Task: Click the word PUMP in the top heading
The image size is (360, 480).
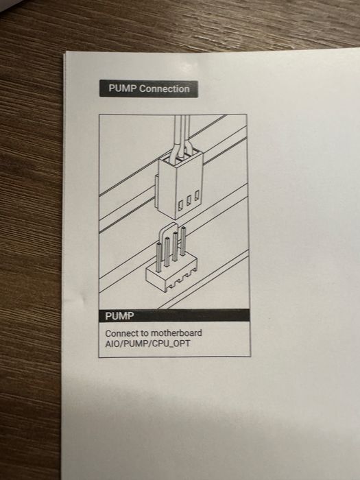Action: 123,88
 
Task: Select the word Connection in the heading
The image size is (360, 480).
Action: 165,88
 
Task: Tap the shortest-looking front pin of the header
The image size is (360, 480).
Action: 158,258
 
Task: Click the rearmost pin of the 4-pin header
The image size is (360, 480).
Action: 183,241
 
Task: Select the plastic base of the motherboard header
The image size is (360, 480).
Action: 171,274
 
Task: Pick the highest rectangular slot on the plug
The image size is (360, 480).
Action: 197,195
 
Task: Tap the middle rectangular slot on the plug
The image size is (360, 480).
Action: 189,200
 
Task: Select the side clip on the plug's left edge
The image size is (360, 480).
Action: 156,186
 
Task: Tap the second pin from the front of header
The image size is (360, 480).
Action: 167,252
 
